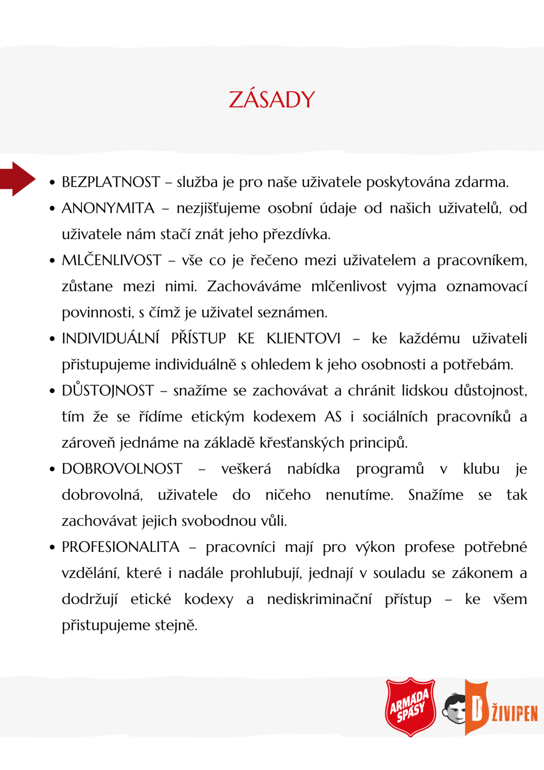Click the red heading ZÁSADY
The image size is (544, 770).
272,100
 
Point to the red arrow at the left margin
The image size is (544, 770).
18,179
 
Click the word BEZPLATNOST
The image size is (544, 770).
111,182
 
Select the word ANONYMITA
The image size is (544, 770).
108,208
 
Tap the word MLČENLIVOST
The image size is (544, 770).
111,260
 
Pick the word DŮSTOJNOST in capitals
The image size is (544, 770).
108,390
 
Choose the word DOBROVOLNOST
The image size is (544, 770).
122,469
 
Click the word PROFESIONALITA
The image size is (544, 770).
120,547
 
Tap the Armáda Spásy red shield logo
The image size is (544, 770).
410,707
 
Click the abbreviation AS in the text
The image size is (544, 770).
333,417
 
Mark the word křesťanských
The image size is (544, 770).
303,443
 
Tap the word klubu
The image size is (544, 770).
481,469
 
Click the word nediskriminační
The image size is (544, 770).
319,599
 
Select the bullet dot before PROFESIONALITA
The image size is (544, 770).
52,548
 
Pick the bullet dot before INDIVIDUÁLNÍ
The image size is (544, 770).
52,339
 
